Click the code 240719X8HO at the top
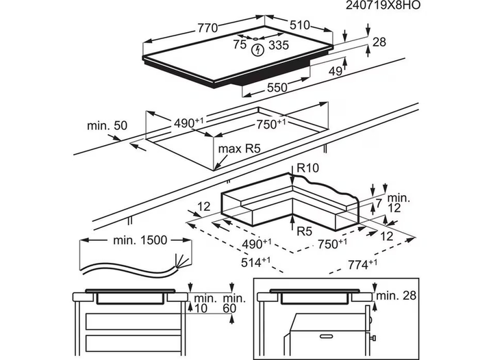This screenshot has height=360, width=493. coord(383,5)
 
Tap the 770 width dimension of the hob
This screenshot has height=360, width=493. coord(207,27)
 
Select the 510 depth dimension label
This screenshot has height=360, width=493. coord(300,25)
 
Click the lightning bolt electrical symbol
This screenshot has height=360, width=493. coord(258,50)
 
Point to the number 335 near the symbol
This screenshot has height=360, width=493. coord(279,45)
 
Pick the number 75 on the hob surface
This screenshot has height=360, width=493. coord(240,44)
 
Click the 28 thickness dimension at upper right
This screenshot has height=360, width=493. coord(379,42)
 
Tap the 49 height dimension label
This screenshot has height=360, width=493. coord(336,71)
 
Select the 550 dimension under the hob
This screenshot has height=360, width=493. coord(277,88)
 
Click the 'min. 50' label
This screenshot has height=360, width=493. coord(108,126)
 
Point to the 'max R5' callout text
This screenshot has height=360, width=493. coord(240,149)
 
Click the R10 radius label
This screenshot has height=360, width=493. coord(308,168)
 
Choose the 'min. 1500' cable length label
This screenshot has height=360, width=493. coord(140,240)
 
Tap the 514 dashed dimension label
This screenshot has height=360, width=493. coord(255,262)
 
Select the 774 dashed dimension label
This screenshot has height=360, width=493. coord(362,264)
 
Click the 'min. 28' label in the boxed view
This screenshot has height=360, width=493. coord(396,296)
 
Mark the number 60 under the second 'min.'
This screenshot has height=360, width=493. coord(229,309)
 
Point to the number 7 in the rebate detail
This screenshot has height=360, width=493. coord(379,203)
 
